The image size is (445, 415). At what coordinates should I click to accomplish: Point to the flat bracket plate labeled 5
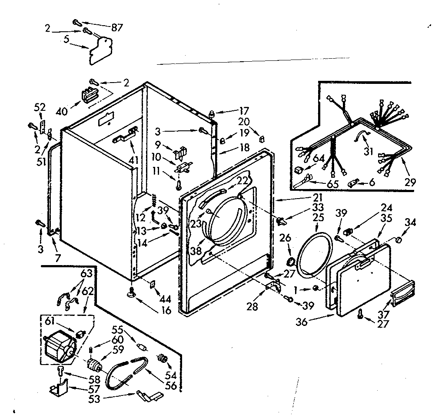[100, 50]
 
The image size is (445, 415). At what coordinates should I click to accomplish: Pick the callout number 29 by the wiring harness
[410, 183]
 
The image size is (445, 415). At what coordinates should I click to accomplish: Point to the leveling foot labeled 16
[132, 295]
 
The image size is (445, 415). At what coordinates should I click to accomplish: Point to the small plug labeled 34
[399, 240]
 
